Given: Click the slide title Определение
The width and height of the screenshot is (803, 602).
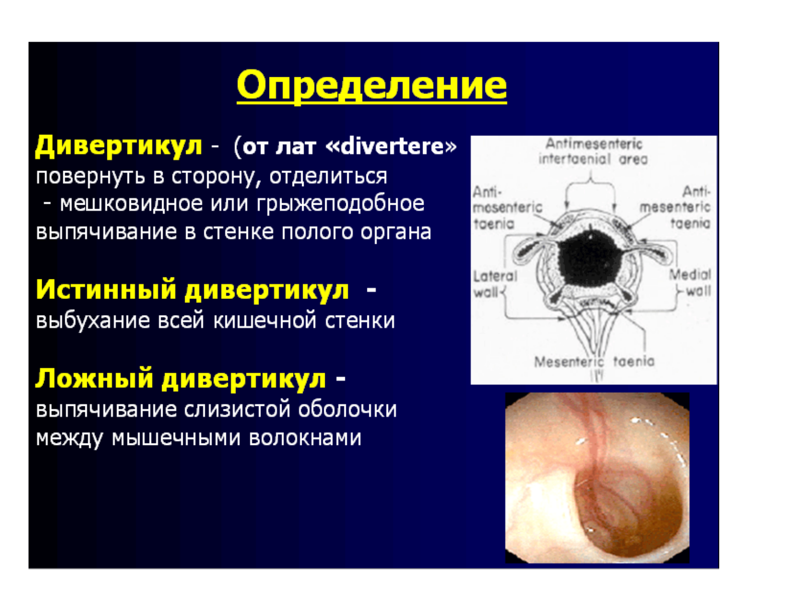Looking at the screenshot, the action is coord(371,85).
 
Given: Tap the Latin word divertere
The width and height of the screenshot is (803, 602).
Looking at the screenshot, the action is coord(391,146).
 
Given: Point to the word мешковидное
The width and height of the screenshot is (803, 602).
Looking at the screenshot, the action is coord(131,204).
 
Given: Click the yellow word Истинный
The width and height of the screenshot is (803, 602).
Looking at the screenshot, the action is coord(106,290).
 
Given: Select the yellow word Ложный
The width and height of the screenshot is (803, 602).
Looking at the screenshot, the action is coord(94,379).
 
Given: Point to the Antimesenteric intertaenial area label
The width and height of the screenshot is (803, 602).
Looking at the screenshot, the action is coord(593,152).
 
